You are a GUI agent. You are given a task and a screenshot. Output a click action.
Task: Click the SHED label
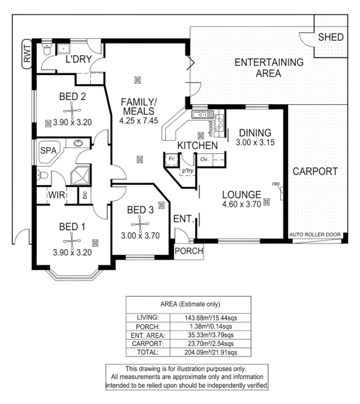pos(331,37)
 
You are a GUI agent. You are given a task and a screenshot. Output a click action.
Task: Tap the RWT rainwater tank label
pos(27,54)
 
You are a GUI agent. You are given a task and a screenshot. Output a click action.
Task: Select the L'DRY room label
pos(78,60)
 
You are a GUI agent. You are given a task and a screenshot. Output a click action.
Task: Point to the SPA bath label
pos(48,150)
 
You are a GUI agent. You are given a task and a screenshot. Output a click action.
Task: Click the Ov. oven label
pos(204,159)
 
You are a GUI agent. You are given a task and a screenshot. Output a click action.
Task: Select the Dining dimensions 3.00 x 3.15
pos(255,143)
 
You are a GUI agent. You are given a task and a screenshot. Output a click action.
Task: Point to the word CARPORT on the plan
pos(315,172)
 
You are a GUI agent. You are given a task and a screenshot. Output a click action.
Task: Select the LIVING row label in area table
pos(148,317)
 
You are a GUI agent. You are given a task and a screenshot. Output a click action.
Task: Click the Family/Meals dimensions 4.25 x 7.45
pos(139,121)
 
